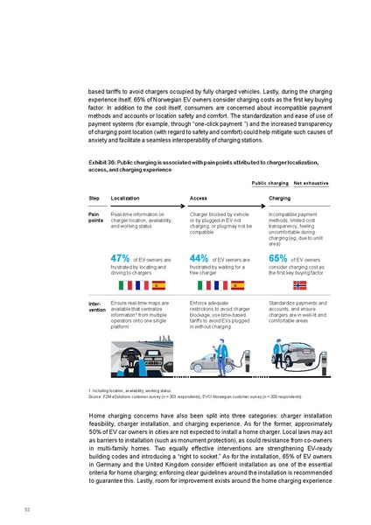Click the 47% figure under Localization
coord(121,258)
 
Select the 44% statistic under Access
coord(199,258)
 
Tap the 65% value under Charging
coord(278,258)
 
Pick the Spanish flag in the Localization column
coord(159,285)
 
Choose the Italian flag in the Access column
coord(207,285)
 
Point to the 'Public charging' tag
coord(270,184)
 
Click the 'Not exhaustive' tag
coord(310,184)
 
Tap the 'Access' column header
coord(199,199)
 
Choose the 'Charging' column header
coord(281,199)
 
